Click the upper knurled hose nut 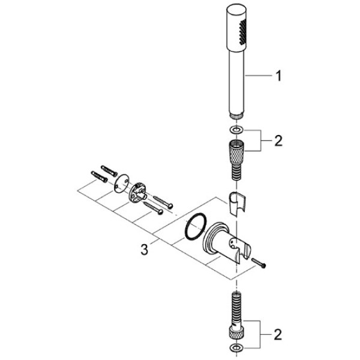click(x=237, y=149)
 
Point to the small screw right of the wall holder click(x=260, y=263)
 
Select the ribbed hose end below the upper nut click(x=237, y=168)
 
